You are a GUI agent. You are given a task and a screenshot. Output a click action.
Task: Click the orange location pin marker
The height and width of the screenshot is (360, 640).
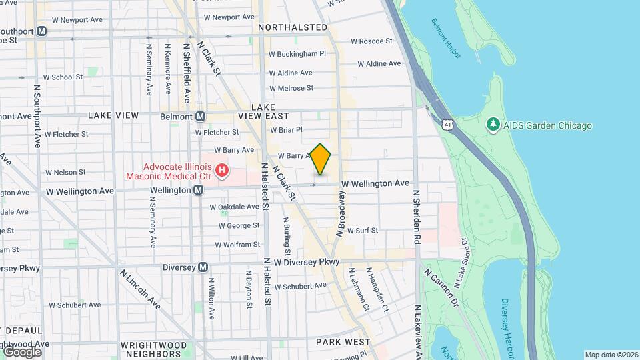point(321,159)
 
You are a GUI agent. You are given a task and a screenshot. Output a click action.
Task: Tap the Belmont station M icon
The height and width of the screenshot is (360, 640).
point(200,116)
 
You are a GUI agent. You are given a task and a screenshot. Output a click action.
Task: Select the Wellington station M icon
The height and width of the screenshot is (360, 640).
point(198,191)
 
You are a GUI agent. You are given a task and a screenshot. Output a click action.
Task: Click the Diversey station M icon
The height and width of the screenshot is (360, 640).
point(203,267)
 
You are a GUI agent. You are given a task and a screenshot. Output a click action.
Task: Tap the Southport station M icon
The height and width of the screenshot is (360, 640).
point(41,31)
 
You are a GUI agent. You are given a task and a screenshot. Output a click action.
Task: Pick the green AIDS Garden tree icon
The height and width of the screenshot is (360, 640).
point(493,125)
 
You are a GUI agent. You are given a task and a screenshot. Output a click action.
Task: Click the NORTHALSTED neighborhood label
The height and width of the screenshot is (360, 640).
point(293,27)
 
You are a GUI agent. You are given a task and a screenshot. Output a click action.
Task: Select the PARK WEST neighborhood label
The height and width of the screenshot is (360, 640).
point(343,342)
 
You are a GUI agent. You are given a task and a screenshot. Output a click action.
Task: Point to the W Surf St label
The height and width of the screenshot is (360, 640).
point(362,231)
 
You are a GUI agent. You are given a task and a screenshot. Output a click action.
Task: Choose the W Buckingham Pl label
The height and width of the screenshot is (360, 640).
point(297,54)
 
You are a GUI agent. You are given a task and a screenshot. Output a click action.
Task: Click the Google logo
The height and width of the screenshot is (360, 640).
point(21,352)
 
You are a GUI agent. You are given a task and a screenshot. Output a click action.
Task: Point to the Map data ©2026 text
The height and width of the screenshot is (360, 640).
point(611,355)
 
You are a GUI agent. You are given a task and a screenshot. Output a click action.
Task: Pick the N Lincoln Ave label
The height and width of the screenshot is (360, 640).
point(141,290)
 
